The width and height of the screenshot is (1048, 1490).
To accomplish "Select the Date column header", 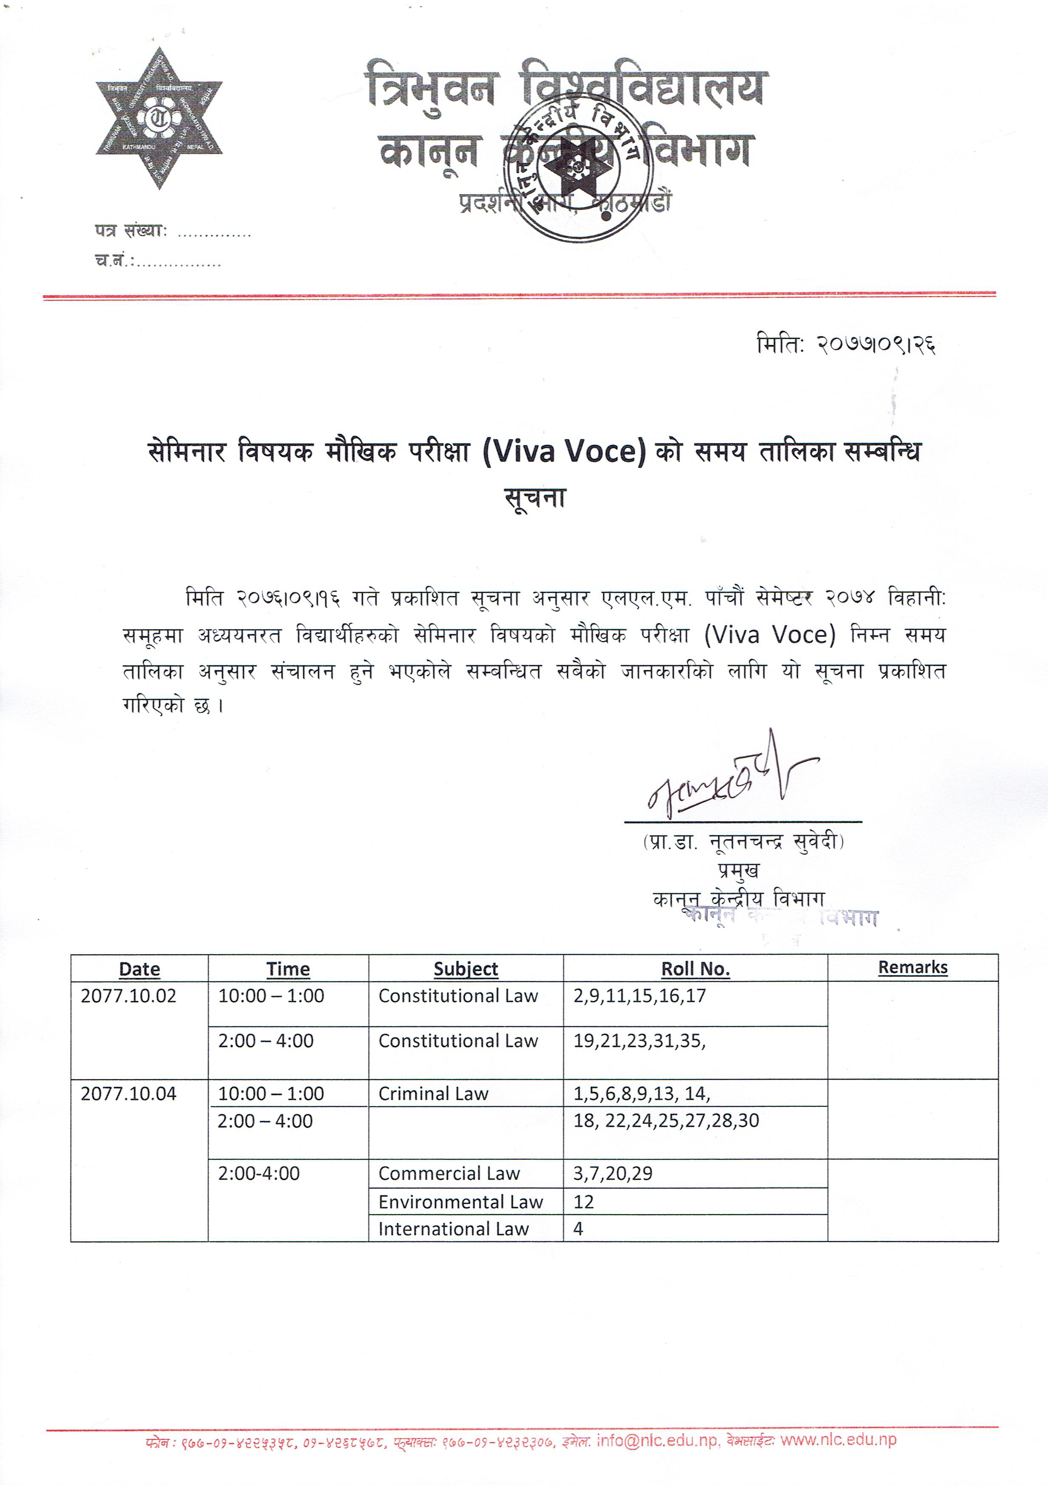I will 139,969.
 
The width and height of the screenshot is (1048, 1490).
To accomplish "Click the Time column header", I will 288,969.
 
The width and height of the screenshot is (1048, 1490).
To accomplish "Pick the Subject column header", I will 466,969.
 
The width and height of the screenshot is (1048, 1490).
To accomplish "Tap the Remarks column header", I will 912,967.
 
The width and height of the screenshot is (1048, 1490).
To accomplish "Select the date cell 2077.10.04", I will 128,1094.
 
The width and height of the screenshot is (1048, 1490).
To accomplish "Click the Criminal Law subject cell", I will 433,1094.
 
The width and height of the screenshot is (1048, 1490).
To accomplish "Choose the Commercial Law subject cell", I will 449,1173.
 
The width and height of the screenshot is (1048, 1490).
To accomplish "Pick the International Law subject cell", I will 454,1228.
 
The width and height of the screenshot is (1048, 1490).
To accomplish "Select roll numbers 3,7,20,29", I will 613,1173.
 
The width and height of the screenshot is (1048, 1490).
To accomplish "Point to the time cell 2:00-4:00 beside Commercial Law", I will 259,1173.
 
